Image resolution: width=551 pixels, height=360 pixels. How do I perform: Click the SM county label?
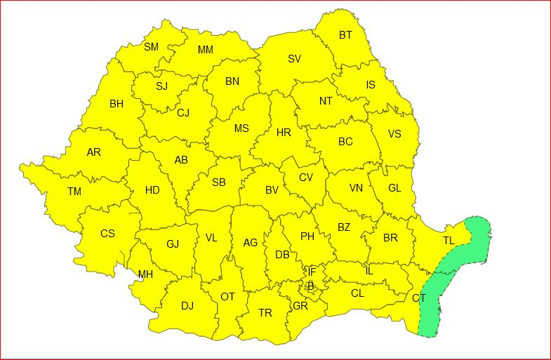151,47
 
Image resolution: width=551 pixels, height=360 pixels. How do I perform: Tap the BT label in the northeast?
346,35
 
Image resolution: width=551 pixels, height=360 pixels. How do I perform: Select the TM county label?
74,191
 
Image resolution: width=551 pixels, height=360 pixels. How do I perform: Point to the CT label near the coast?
419,298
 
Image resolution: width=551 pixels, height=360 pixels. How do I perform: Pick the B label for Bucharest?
310,285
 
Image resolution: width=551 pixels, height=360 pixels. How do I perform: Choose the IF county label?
312,271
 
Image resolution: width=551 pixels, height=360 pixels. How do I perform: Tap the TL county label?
449,241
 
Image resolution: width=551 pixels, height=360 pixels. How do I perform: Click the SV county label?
294,59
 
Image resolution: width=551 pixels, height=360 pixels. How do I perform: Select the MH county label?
145,274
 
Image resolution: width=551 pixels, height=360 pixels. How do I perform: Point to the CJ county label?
183,112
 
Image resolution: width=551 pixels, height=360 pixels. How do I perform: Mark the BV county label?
272,189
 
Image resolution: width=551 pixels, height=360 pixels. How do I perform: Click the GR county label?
300,305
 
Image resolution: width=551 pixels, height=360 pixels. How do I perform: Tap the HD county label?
152,189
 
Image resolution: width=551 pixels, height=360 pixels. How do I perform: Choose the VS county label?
394,134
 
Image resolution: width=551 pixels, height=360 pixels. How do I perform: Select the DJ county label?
187,305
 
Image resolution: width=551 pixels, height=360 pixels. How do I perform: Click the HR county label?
284,132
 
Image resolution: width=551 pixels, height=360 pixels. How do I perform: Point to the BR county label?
390,238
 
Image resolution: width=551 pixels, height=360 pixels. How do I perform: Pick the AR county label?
93,152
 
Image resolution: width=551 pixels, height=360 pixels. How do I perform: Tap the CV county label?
306,177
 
